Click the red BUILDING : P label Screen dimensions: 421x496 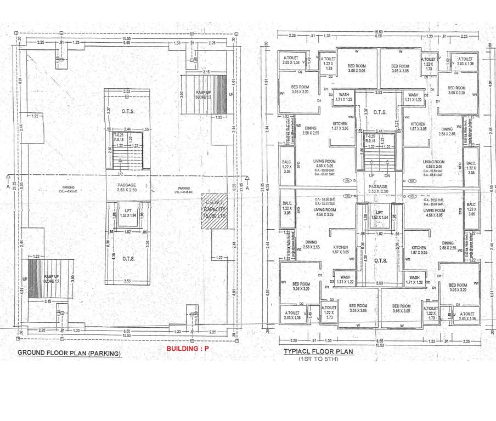point(188,348)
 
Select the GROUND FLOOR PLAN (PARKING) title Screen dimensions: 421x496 point(69,353)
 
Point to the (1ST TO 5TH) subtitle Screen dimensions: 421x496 point(318,359)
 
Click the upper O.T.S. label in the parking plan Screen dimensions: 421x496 point(128,111)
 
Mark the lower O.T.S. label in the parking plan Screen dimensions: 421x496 point(128,258)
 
